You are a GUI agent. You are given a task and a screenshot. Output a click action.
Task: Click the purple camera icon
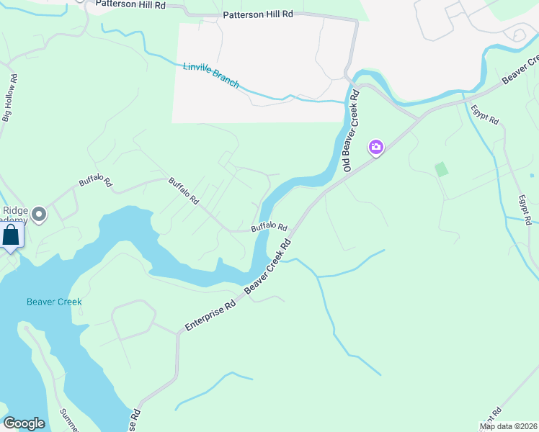coord(375,148)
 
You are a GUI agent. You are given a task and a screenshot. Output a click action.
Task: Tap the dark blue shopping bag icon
coord(12,235)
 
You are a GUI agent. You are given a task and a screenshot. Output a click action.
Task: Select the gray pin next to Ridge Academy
coord(39,214)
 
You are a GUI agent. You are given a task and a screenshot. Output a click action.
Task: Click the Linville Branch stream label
coord(210,75)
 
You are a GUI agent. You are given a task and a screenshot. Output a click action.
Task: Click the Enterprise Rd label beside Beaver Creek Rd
coord(210,315)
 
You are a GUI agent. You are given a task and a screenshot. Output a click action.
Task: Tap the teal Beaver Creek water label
coord(54,302)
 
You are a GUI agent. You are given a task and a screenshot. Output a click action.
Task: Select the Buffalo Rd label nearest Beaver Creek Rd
coord(269,228)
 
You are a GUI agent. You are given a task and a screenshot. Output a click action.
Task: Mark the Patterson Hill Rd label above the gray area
coord(257,14)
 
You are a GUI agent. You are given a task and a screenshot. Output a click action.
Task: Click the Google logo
coord(24,423)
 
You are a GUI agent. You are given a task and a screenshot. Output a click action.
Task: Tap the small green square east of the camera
coord(441,169)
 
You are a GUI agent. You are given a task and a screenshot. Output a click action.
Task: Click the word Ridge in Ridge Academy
coord(15,210)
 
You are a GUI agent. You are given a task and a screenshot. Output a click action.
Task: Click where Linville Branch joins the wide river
coord(349,102)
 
